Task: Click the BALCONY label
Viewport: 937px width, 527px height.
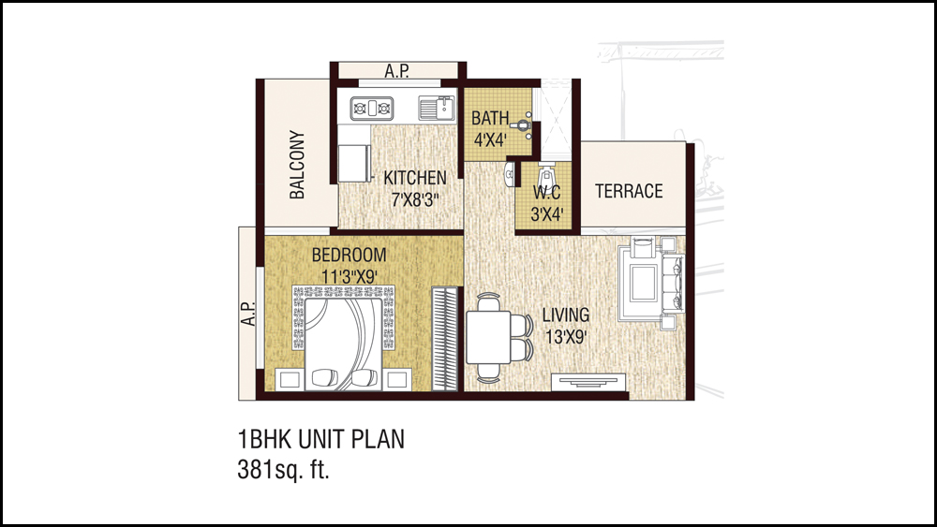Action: coord(297,164)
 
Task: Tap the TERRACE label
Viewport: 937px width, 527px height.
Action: coord(629,191)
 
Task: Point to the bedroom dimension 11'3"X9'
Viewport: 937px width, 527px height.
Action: coord(350,277)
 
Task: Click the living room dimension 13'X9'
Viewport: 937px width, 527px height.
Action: coord(565,337)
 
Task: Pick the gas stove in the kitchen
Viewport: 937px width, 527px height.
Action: coord(372,108)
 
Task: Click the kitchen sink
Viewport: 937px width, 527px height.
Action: coord(437,108)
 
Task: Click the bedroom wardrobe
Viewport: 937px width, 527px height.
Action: coord(444,339)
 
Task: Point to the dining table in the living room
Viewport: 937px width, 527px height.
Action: coord(488,337)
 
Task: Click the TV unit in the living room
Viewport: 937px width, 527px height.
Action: coord(588,381)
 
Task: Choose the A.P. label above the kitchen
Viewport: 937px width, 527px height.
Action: coord(396,71)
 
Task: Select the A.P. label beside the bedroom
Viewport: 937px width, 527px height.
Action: coord(248,314)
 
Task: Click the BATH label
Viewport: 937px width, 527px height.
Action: coord(490,118)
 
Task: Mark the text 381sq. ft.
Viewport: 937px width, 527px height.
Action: coord(284,470)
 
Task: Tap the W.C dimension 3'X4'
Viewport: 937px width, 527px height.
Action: coord(547,214)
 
